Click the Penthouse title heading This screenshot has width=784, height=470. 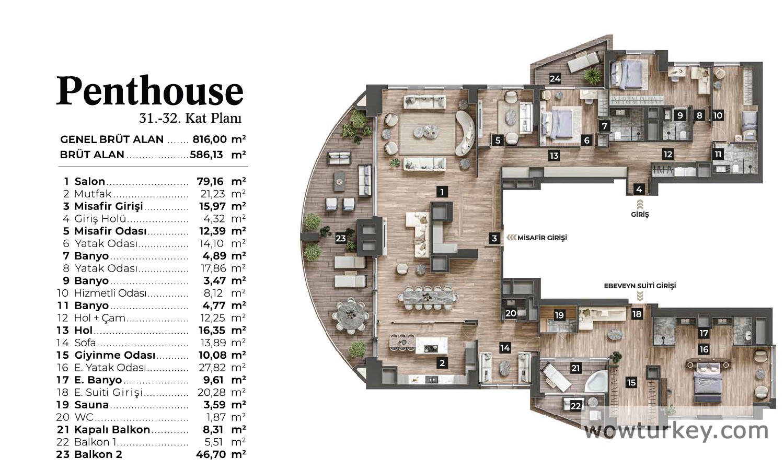150,91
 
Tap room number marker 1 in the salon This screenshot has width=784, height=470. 442,192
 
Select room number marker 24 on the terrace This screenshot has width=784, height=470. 555,79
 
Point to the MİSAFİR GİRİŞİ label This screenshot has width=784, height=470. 542,238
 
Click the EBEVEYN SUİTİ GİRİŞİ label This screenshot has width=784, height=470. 640,286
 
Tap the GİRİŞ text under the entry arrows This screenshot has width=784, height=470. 640,214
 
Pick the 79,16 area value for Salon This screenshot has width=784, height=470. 210,181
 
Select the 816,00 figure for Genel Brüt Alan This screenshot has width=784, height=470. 210,139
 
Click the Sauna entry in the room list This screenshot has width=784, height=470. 91,405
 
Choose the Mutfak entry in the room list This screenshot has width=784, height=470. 93,193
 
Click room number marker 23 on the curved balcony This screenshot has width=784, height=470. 341,239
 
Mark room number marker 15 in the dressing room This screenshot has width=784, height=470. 631,383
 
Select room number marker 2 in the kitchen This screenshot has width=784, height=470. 442,363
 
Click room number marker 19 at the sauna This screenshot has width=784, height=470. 559,315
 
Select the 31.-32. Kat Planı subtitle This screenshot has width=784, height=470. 190,118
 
